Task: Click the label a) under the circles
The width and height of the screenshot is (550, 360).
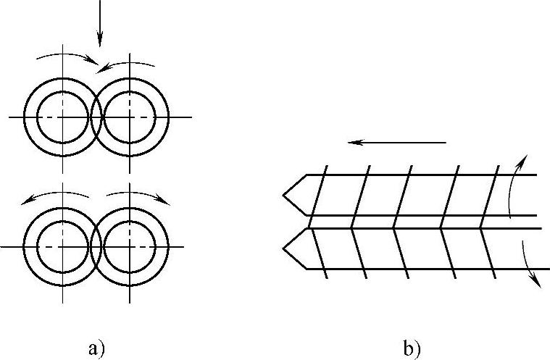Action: pos(96,349)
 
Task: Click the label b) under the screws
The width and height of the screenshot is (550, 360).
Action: pos(412,349)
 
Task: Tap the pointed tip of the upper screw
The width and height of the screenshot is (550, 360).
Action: pos(284,195)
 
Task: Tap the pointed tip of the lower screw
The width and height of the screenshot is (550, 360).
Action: pos(284,248)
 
